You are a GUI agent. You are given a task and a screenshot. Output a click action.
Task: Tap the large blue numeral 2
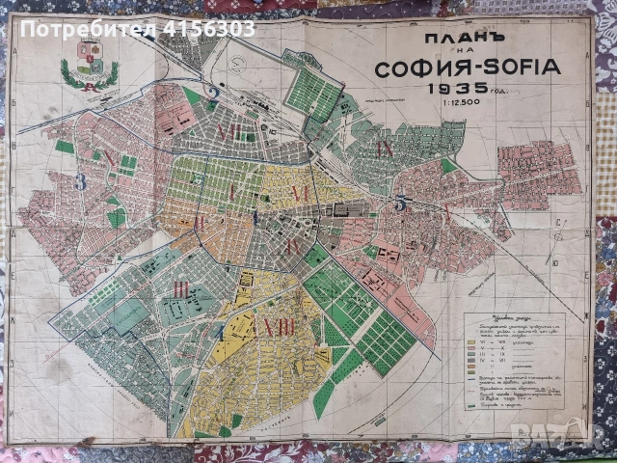click(212, 95)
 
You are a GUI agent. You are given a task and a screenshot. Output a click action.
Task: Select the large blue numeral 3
click(82, 181)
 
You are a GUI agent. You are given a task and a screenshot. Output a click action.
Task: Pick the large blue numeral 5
click(400, 204)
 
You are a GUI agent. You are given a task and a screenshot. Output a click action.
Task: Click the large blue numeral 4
click(218, 333)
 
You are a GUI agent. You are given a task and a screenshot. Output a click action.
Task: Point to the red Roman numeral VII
click(228, 131)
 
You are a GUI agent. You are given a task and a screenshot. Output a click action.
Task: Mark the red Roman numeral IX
click(385, 149)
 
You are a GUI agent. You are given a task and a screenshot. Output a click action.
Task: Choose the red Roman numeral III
click(180, 287)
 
